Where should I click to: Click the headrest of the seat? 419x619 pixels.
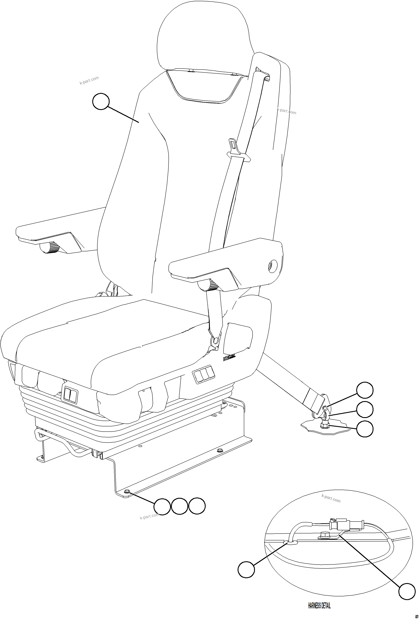tap(204, 37)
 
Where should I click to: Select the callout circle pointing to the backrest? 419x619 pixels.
tap(101, 101)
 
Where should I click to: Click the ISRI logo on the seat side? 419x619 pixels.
tap(229, 358)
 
